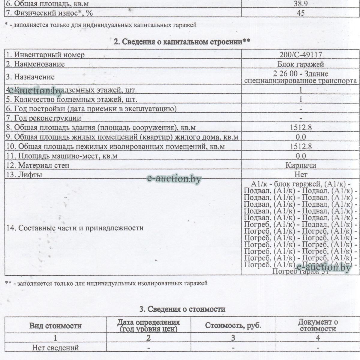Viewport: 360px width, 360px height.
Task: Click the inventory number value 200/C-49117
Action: click(301, 55)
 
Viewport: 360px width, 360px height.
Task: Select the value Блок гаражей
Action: click(301, 64)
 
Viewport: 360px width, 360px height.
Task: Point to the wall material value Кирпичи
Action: click(301, 165)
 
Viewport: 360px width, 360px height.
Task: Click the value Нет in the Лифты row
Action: click(301, 174)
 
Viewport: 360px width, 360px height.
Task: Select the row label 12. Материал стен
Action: click(38, 165)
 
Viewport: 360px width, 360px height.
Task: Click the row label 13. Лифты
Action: click(24, 174)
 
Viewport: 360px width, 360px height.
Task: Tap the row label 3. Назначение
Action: click(30, 77)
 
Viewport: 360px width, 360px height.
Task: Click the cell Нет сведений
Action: click(55, 348)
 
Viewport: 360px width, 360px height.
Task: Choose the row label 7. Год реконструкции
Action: click(43, 118)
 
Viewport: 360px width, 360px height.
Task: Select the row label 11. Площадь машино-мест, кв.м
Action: click(61, 156)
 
